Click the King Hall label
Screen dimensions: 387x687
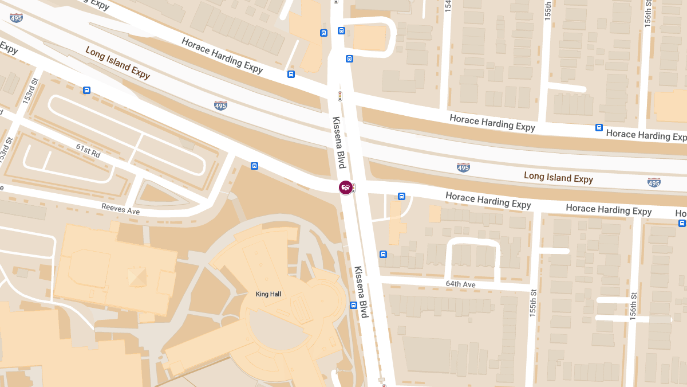(x=268, y=294)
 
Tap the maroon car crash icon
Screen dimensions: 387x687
(x=345, y=187)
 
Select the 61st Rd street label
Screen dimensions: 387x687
(x=88, y=151)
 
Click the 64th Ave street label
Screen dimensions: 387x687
(x=460, y=284)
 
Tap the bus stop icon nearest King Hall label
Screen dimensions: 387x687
(x=353, y=305)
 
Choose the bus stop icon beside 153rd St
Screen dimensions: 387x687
(x=86, y=90)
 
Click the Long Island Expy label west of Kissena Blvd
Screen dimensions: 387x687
(x=117, y=63)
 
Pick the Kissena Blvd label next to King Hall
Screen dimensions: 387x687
(x=360, y=292)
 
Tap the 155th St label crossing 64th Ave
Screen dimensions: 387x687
(x=533, y=309)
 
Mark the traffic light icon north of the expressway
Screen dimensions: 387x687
(x=339, y=96)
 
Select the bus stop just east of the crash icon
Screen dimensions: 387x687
(x=402, y=196)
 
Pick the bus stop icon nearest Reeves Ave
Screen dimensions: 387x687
(x=255, y=166)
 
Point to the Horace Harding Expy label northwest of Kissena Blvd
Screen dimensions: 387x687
(x=222, y=56)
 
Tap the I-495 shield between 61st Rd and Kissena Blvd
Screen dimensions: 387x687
(x=220, y=105)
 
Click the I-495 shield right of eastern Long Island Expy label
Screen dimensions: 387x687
(x=654, y=182)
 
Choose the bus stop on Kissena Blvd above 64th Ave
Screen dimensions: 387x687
(x=383, y=254)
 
